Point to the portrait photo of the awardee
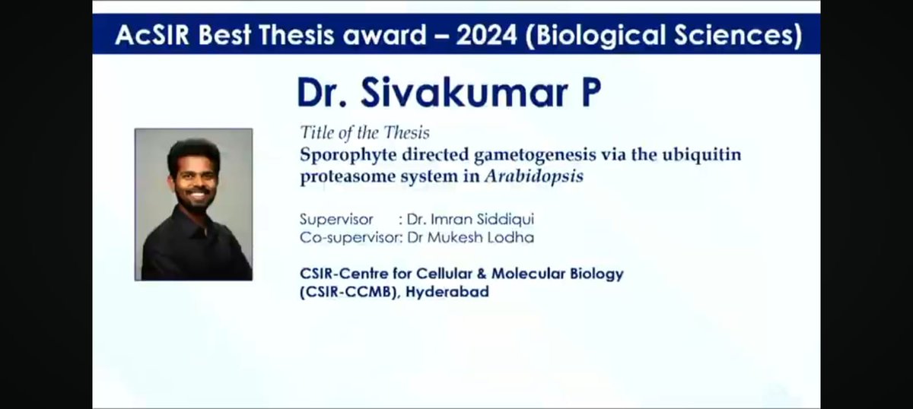194,204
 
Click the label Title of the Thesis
364,133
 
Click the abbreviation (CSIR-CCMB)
348,292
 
